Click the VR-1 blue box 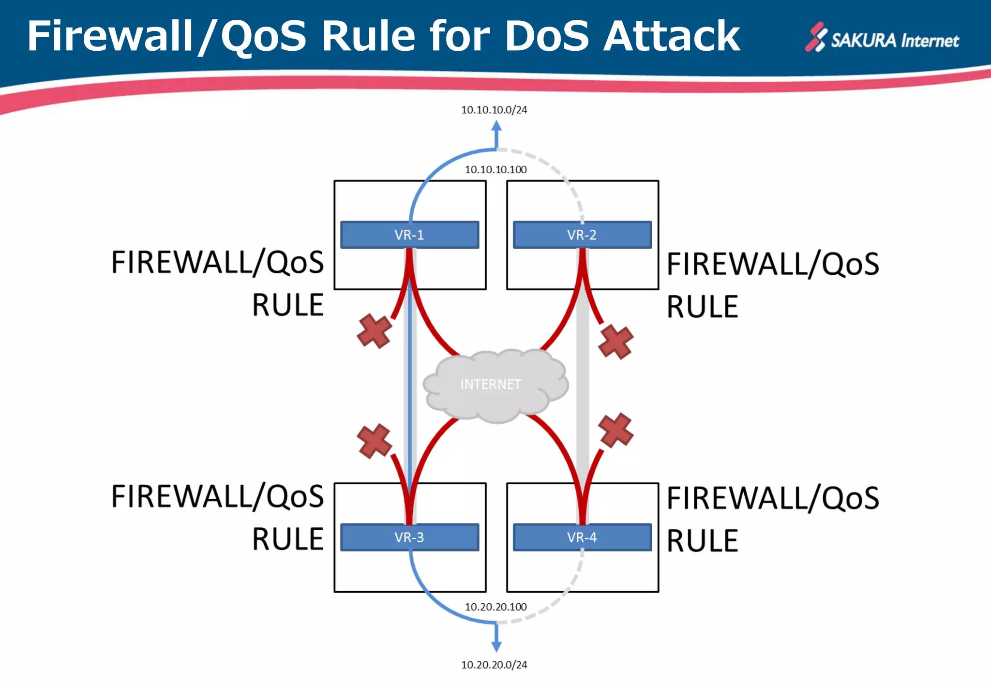(409, 235)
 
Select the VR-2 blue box (582, 235)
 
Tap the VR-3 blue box (409, 537)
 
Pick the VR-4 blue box (582, 537)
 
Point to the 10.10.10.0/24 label (494, 110)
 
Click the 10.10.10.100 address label (495, 170)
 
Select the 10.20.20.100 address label (495, 607)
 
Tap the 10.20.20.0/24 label (494, 665)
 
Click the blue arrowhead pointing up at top (496, 126)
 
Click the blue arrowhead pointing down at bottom (496, 646)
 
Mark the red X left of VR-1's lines (374, 331)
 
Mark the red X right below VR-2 (616, 342)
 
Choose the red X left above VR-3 (374, 441)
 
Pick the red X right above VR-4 (616, 430)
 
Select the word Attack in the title (672, 36)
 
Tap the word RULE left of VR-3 (287, 539)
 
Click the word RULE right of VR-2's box (702, 307)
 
